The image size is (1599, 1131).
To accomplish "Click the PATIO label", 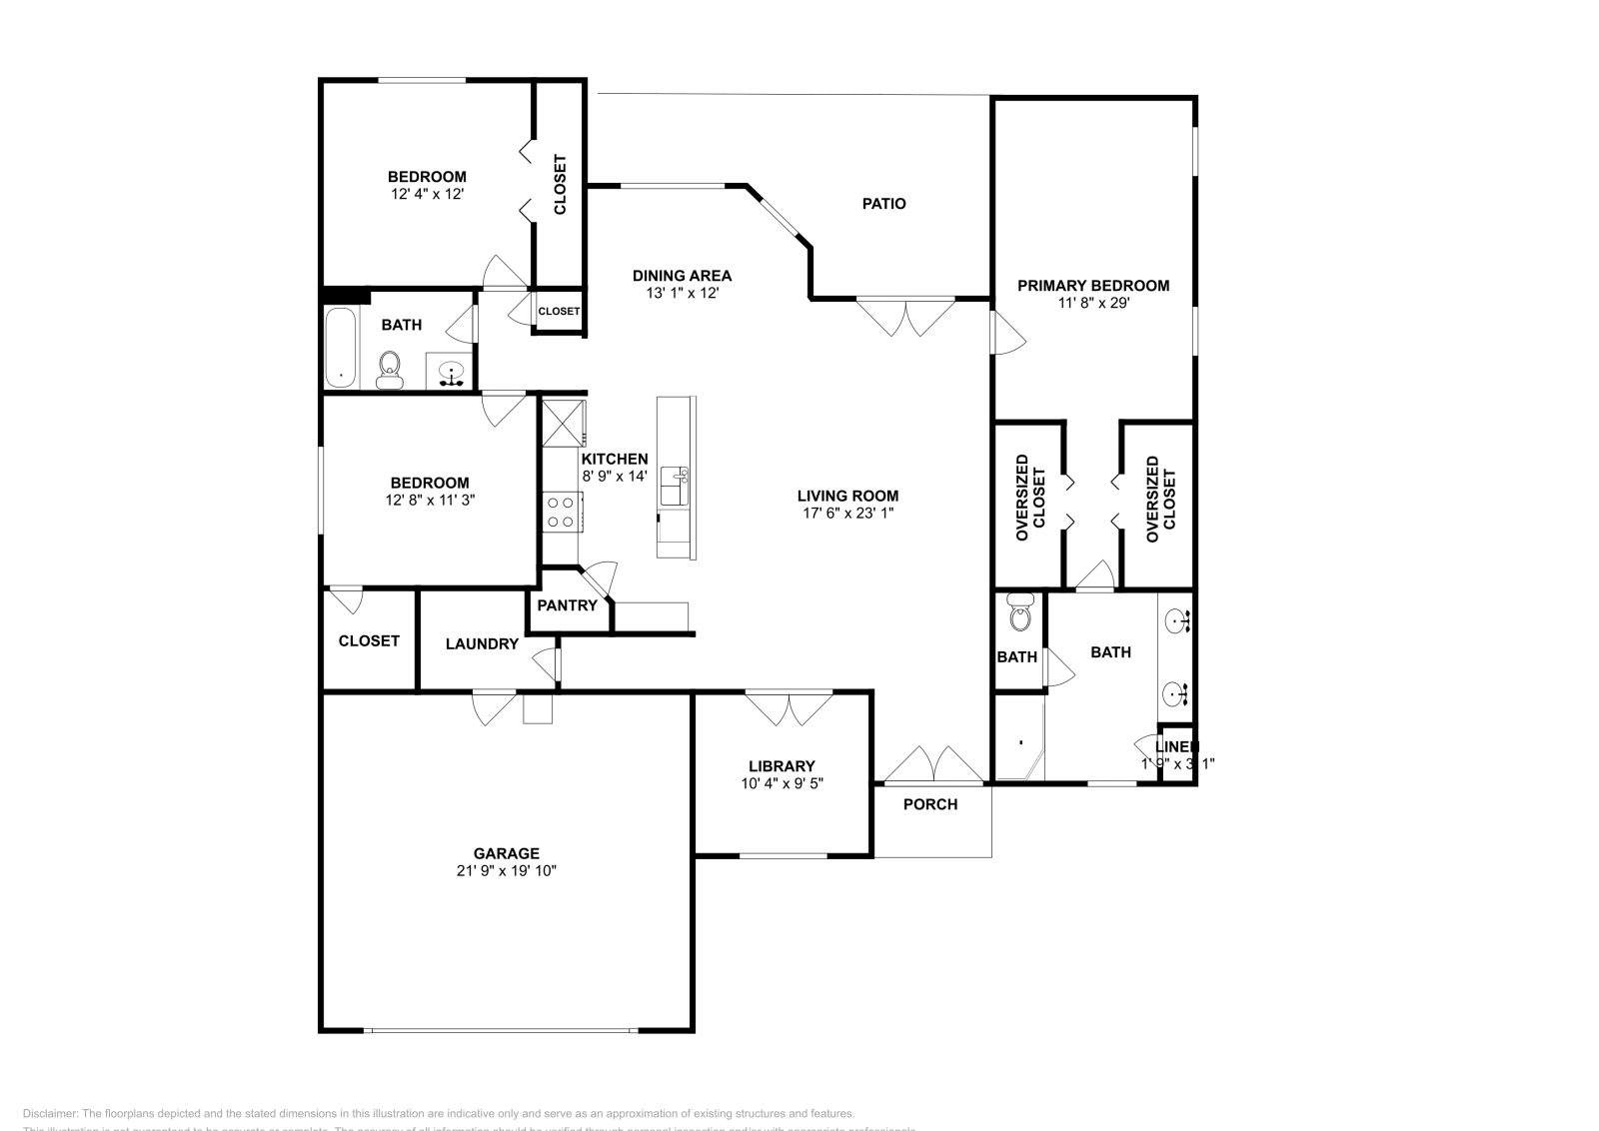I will click(x=883, y=204).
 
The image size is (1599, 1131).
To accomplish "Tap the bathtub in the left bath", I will click(x=340, y=348).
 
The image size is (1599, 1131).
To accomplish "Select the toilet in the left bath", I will click(x=389, y=370).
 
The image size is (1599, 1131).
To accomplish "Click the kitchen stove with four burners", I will click(x=560, y=511).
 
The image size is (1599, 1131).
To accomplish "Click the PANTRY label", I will click(x=567, y=605).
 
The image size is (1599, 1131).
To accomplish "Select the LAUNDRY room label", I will click(x=482, y=644).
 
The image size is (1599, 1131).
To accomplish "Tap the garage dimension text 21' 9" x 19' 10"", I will click(x=507, y=871).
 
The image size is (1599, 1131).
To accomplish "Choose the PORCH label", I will click(x=929, y=804).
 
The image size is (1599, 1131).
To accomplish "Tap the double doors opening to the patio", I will click(x=906, y=317).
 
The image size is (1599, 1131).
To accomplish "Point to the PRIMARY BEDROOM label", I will click(x=1092, y=286).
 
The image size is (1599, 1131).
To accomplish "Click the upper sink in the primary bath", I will click(x=1177, y=621).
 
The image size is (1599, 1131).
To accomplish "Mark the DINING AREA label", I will click(x=682, y=276).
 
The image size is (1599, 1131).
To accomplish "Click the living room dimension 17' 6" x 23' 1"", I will click(x=847, y=514).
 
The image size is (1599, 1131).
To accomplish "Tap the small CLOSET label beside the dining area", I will click(x=559, y=312).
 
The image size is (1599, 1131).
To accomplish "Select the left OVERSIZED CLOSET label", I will click(x=1029, y=499).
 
